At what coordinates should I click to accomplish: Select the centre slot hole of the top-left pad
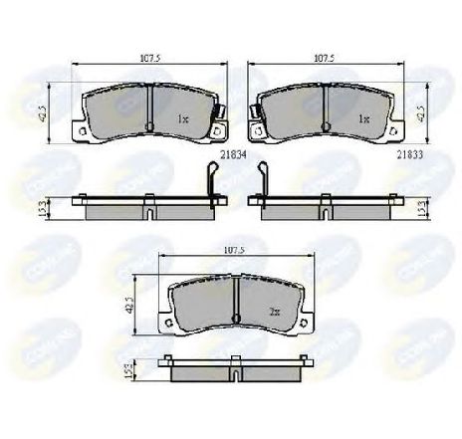click(x=147, y=124)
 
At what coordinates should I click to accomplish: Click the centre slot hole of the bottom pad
click(x=235, y=318)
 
